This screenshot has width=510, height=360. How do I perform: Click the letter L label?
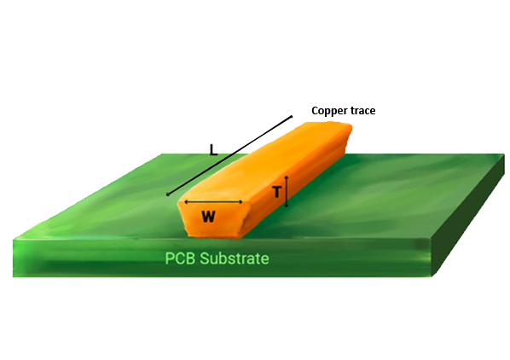click(x=213, y=149)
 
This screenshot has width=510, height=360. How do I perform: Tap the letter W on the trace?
click(x=208, y=217)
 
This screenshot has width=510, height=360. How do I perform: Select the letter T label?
click(x=276, y=192)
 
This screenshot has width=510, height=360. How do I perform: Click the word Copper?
click(x=327, y=111)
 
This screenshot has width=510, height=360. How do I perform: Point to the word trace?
click(x=361, y=111)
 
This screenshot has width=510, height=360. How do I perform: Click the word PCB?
click(x=180, y=258)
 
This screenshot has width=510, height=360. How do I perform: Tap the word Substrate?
click(x=235, y=258)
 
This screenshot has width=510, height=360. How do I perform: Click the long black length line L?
click(x=229, y=155)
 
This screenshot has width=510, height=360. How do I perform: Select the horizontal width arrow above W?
click(x=213, y=202)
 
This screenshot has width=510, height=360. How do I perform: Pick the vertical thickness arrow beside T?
click(x=287, y=191)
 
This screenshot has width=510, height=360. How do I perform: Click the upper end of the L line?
click(x=292, y=116)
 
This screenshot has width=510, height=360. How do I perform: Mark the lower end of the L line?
click(x=167, y=195)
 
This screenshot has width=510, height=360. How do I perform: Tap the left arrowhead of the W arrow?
click(x=185, y=202)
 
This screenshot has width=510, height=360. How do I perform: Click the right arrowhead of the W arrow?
click(x=241, y=202)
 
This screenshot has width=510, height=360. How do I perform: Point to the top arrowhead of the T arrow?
click(x=287, y=177)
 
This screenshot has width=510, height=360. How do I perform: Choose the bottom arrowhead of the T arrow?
click(x=287, y=206)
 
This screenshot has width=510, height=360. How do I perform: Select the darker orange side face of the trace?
click(x=299, y=181)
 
